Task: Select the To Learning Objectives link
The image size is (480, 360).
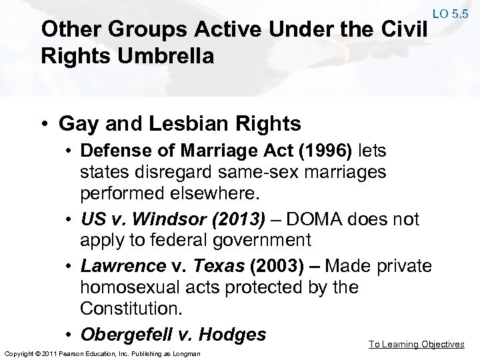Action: click(x=417, y=344)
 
